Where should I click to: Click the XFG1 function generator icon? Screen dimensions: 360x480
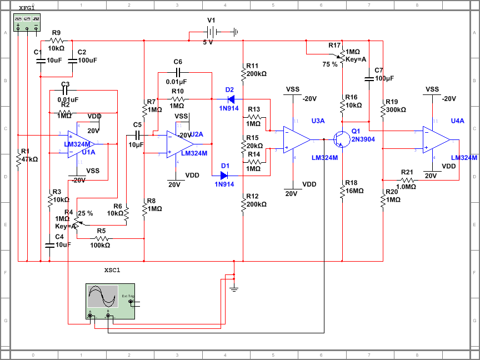[x=27, y=21]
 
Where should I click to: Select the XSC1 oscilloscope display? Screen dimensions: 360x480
[x=102, y=297]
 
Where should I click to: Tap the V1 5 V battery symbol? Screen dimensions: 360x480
[x=211, y=32]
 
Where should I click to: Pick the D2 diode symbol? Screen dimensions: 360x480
[x=231, y=99]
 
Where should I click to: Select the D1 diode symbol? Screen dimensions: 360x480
[x=224, y=176]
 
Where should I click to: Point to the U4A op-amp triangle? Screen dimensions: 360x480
[x=436, y=139]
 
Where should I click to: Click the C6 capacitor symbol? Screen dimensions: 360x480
[x=178, y=72]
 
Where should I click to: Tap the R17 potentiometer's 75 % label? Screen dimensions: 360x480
[x=330, y=64]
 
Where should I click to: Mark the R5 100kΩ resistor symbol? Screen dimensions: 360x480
[x=101, y=238]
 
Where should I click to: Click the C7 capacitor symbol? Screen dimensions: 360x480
[x=368, y=79]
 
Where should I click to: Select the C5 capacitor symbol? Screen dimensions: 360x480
[x=138, y=134]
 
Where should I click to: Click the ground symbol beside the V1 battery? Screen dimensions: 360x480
[x=236, y=32]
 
